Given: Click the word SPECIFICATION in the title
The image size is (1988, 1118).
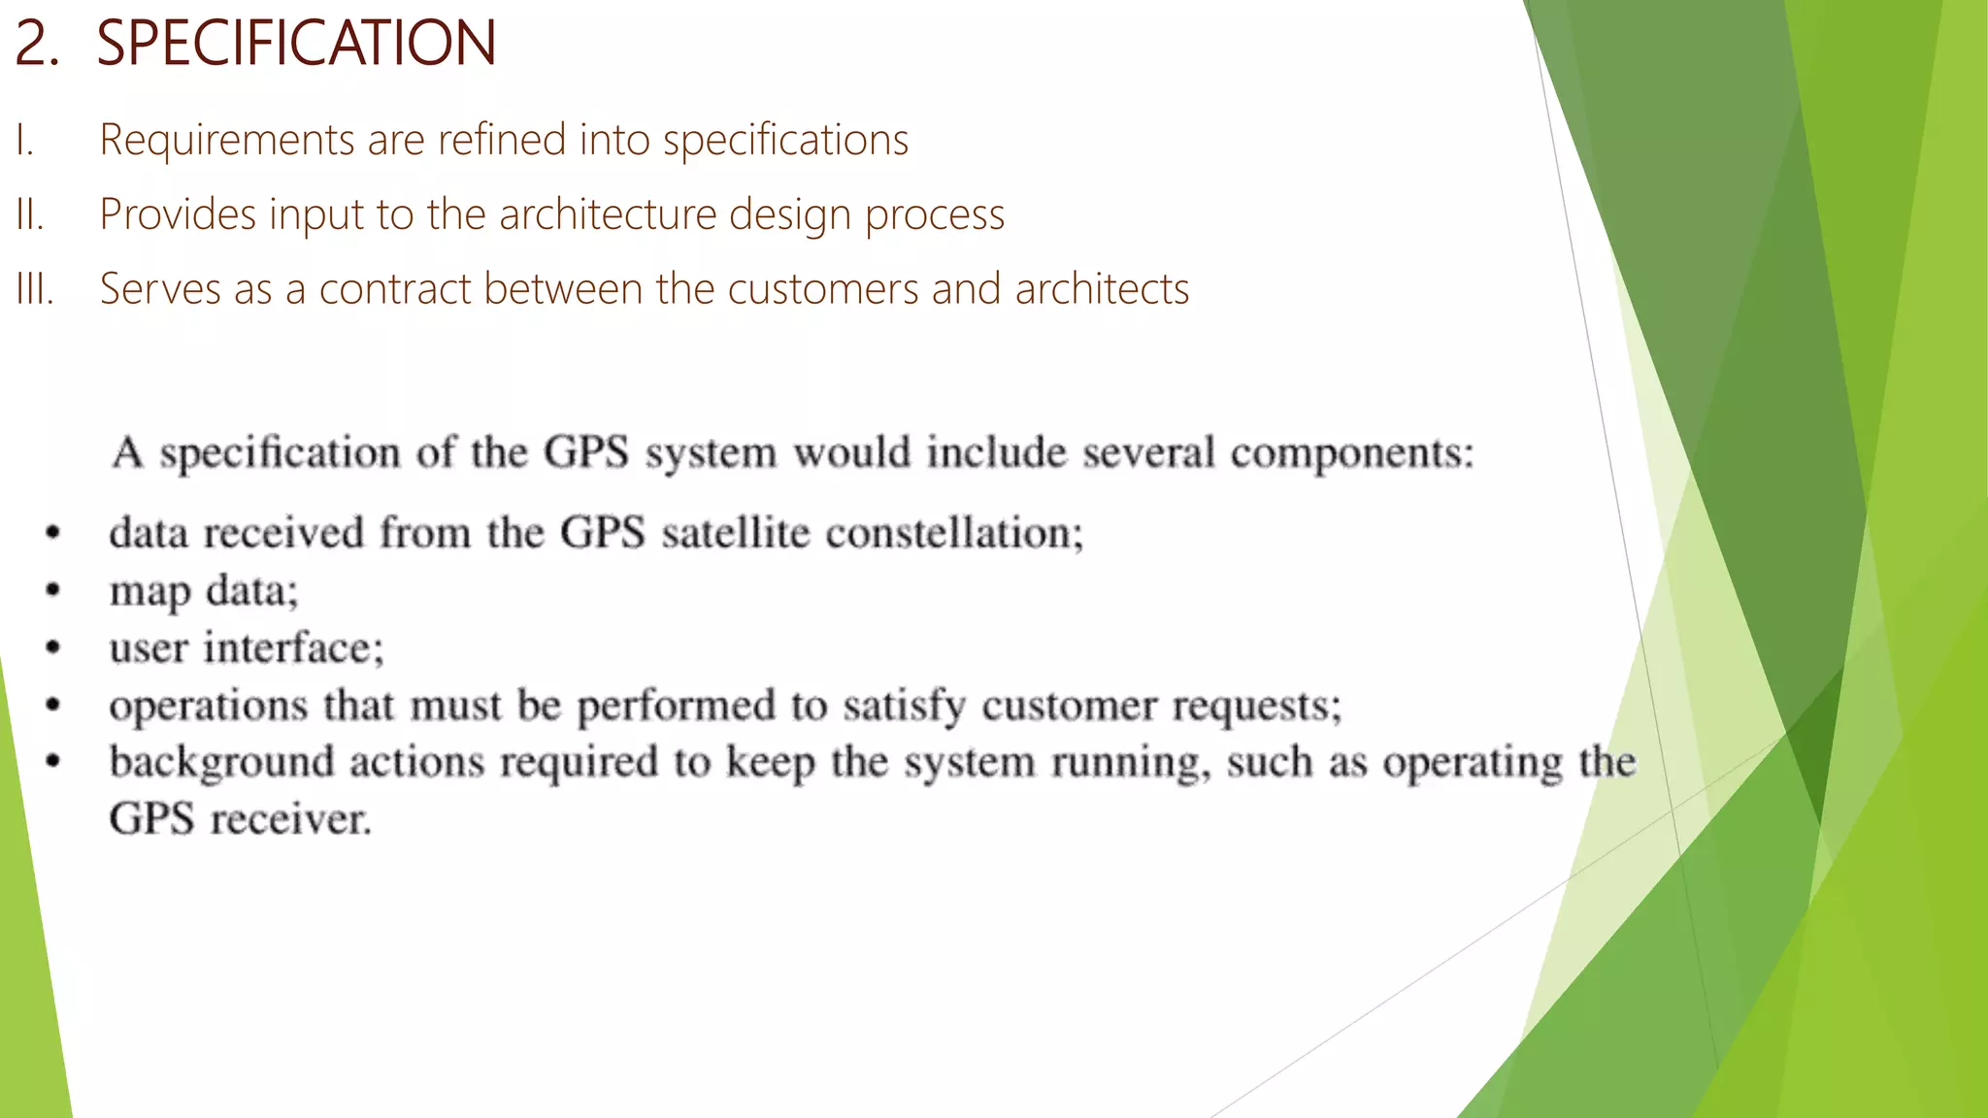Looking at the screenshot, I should click(296, 44).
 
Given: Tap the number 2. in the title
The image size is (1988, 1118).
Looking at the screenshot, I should click(37, 44).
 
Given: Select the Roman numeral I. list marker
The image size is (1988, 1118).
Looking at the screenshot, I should click(25, 140).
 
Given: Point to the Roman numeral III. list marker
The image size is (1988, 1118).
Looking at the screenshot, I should click(35, 289).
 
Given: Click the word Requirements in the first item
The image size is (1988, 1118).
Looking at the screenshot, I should click(227, 140).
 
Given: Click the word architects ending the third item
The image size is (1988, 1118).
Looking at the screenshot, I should click(1102, 289).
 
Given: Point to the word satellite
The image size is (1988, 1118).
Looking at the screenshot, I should click(735, 533).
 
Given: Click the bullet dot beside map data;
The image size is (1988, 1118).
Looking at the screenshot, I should click(53, 590).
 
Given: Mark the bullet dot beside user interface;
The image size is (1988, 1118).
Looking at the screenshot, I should click(53, 647).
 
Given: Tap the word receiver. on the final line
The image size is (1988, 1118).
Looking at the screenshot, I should click(291, 819).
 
